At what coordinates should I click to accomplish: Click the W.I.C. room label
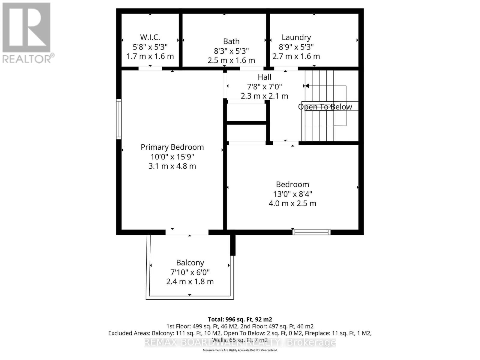click(x=150, y=37)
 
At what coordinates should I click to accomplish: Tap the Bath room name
click(x=231, y=41)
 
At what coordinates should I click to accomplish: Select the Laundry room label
click(x=296, y=37)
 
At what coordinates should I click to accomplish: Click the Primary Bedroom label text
click(x=172, y=147)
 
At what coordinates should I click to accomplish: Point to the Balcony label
click(x=190, y=263)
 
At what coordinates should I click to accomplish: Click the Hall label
click(x=264, y=77)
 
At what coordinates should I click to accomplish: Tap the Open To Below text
click(x=325, y=107)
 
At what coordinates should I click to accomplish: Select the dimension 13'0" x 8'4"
click(x=292, y=194)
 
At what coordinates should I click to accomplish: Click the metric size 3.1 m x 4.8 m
click(x=172, y=166)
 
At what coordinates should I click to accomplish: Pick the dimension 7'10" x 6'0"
click(x=190, y=272)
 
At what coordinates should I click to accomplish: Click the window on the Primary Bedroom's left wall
click(x=119, y=119)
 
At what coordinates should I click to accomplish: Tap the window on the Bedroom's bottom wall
click(x=311, y=232)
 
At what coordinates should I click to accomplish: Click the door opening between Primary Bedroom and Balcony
click(x=187, y=232)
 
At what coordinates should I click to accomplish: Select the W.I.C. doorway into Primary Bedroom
click(x=150, y=69)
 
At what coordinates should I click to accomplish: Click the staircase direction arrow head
click(x=307, y=86)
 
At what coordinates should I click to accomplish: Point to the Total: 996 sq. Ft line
click(x=240, y=319)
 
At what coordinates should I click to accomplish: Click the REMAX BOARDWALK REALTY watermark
click(x=240, y=342)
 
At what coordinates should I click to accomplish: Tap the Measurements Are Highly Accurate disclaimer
click(x=240, y=350)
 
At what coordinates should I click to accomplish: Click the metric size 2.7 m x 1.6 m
click(x=296, y=56)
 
